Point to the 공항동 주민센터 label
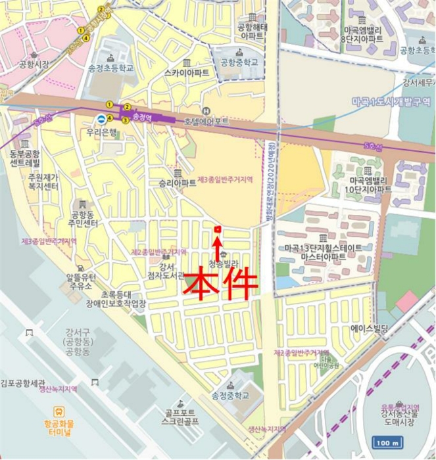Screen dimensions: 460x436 click(x=84, y=219)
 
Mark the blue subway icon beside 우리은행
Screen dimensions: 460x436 click(x=101, y=118)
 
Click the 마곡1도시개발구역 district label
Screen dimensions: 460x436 click(x=391, y=102)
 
